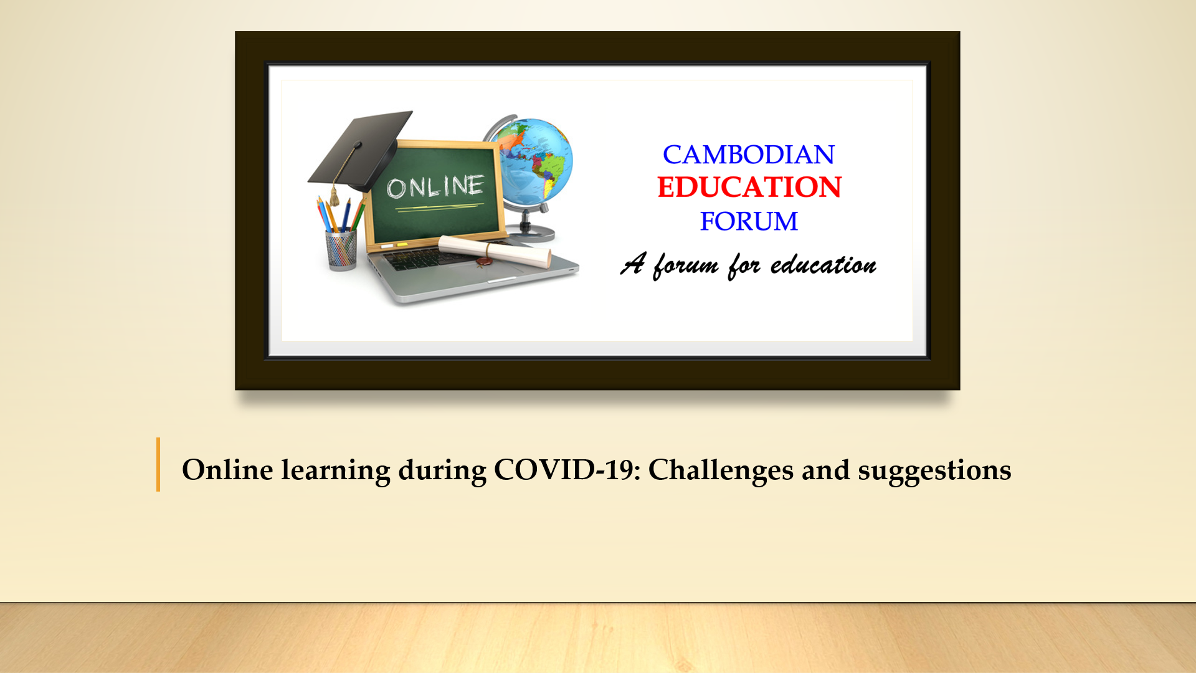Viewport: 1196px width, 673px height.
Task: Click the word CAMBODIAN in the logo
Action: pos(748,155)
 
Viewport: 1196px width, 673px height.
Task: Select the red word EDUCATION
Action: pos(749,187)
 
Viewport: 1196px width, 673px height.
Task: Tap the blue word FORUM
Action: pos(749,221)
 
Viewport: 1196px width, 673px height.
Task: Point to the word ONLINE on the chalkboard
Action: pos(435,186)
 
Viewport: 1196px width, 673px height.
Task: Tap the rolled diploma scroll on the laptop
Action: pos(495,251)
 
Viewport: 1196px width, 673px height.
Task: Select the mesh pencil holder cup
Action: pos(341,250)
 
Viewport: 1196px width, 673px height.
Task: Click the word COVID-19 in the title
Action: pos(567,470)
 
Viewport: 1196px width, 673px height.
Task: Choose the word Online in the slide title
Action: pos(227,470)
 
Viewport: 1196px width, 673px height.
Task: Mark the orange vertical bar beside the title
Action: pos(158,464)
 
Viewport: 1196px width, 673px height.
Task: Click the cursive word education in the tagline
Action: pos(823,265)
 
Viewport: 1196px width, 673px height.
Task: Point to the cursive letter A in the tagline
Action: pos(634,263)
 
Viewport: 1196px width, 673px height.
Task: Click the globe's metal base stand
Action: pos(533,231)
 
